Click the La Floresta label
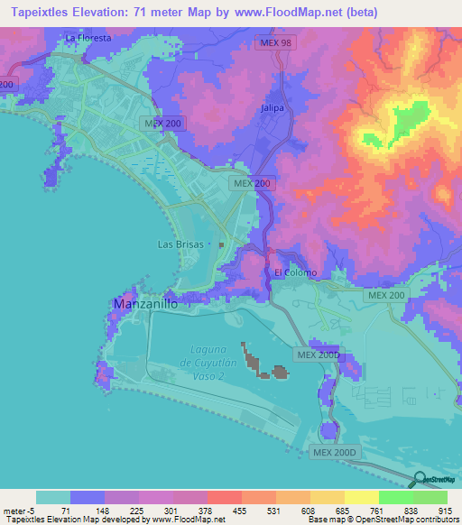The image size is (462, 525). point(88,39)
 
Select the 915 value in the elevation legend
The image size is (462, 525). point(446,510)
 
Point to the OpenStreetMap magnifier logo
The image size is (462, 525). point(420,479)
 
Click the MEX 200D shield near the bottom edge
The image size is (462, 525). point(336,451)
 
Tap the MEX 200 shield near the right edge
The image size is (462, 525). point(386,295)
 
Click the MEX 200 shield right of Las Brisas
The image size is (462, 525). point(252,183)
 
